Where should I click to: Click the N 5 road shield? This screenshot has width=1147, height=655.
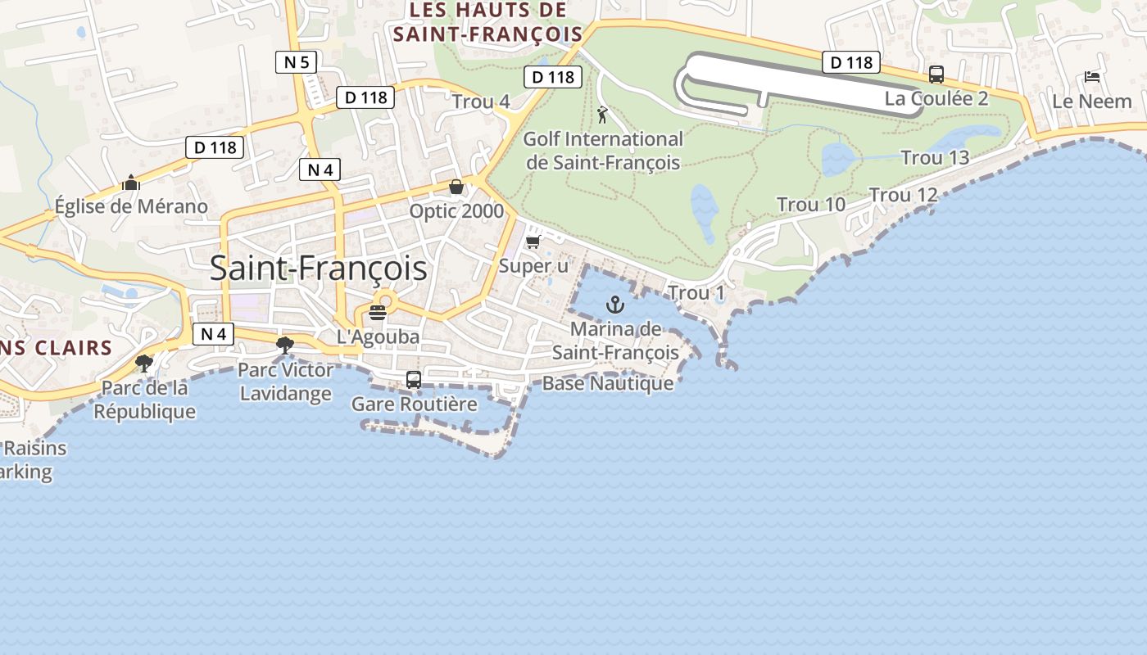(297, 61)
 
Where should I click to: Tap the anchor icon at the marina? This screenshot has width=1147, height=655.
(614, 305)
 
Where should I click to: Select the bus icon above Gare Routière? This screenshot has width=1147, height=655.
(414, 380)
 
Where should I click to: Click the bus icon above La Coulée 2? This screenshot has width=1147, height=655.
(936, 75)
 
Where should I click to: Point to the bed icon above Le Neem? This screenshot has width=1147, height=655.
(1092, 77)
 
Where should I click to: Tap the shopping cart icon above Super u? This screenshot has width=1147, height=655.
(533, 242)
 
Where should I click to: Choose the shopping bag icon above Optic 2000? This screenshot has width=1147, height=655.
(456, 187)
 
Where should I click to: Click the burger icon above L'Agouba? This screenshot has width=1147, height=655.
(378, 312)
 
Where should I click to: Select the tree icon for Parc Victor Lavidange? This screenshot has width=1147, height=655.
(285, 345)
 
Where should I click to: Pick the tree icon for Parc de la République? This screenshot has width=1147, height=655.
(144, 363)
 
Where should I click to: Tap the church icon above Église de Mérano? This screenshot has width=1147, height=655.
(131, 183)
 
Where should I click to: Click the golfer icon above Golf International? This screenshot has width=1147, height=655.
(603, 115)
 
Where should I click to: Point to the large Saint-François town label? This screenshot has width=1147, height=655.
(319, 268)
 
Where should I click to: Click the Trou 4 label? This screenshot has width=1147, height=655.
(481, 102)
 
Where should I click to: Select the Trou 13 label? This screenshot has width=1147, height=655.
(935, 157)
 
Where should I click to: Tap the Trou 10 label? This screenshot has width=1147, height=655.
(810, 205)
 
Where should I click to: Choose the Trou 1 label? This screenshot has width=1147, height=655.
(696, 293)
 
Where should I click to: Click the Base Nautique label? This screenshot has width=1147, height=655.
(608, 383)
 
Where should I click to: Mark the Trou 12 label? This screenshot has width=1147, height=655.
(903, 195)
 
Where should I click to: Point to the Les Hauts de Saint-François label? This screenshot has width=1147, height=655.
(487, 22)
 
